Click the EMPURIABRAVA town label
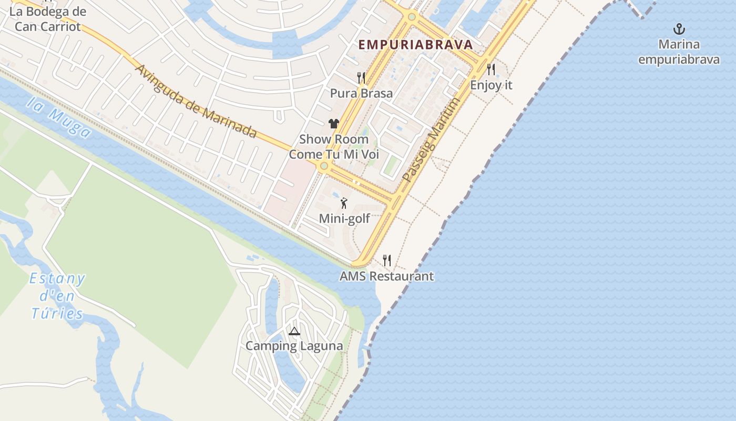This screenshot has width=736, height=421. pos(416,45)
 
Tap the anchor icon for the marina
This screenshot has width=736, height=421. pos(679,28)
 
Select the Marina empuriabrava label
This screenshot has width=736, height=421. pos(679,52)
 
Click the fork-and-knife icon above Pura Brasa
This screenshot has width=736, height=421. pos(361,78)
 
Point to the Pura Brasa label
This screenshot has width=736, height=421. pos(361,93)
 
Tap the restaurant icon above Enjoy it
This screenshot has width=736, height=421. pos(491,69)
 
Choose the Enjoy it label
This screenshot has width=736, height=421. pos(491,85)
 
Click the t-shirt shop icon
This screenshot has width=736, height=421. pos(334,124)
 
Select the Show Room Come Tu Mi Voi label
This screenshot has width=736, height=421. pos(334,147)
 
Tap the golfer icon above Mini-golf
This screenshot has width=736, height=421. pos(344,203)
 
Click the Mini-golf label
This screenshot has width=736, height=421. pos(344,218)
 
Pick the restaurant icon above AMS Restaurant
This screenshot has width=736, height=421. pos(387,260)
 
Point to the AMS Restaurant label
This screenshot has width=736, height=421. pos(387,276)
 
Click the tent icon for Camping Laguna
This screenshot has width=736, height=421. pos(294,331)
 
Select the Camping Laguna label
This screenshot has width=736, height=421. pos(294,346)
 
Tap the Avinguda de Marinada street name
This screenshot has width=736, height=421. pos(196,101)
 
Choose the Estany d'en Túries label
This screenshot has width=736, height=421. pos(57,296)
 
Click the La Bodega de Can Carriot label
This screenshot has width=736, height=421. pos(47,18)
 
